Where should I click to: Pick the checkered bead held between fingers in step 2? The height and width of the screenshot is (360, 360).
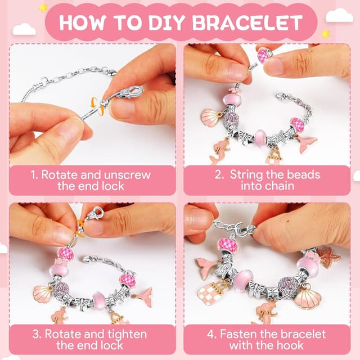tap(263, 55)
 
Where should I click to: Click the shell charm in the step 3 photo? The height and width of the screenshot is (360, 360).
tap(43, 294)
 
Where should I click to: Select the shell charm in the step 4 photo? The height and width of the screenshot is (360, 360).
tap(307, 296)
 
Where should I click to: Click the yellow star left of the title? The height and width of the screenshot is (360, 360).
tap(43, 8)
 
